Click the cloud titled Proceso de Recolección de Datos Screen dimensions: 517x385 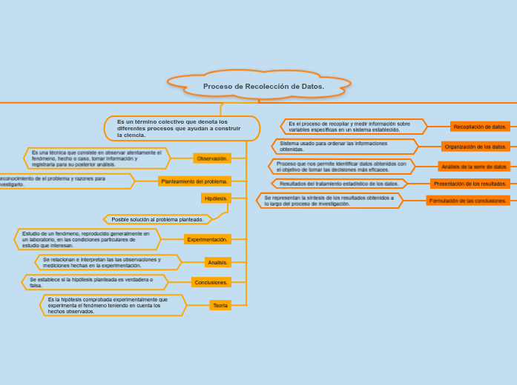260,86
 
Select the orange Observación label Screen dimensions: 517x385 212,158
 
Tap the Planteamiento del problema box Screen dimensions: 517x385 194,181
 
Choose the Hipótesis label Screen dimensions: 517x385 216,198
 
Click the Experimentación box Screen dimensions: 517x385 208,240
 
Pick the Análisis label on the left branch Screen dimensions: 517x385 218,263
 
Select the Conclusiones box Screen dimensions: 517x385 211,282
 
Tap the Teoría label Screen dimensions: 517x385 220,305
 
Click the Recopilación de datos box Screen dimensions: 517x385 480,127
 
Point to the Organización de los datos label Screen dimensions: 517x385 475,147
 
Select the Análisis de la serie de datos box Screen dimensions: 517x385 474,167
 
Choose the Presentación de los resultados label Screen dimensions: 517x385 470,184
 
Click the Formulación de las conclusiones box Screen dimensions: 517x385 468,201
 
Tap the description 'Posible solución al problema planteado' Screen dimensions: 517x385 157,219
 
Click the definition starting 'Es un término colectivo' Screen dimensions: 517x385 182,128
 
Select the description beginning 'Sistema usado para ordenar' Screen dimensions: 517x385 344,147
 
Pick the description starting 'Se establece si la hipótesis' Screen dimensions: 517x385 95,282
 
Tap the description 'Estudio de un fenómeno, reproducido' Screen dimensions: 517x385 87,239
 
